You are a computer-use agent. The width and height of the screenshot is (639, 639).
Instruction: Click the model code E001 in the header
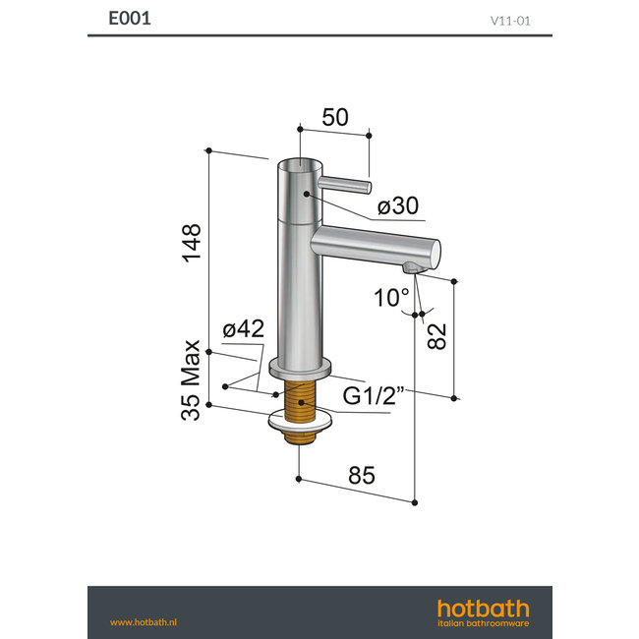[x=130, y=18]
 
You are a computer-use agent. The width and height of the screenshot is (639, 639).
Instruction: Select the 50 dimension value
[x=335, y=117]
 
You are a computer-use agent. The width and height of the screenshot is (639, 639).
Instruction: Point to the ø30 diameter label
[x=398, y=206]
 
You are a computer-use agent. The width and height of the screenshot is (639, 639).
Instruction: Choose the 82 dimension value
[x=438, y=335]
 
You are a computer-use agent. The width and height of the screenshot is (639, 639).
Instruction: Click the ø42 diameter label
[x=243, y=329]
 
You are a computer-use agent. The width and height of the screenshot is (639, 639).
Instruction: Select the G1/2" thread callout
[x=373, y=398]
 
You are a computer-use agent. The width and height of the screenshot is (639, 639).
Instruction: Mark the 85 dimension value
[x=361, y=475]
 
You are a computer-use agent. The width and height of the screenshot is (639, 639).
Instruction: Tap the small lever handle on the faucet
[x=347, y=185]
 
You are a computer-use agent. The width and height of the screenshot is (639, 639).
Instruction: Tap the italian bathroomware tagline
[x=483, y=623]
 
